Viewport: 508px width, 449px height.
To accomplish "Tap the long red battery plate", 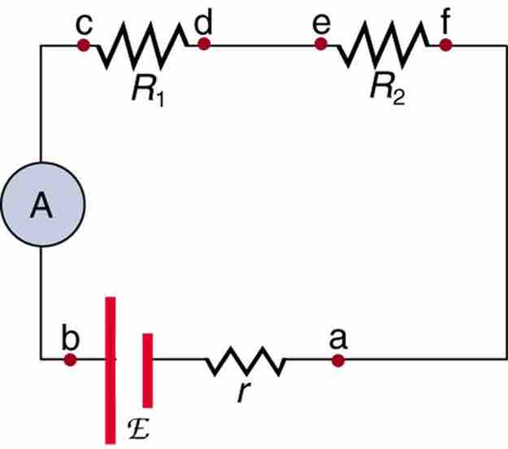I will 110,370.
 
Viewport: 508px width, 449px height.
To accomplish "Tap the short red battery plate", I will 147,369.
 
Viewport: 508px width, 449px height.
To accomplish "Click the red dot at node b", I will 71,359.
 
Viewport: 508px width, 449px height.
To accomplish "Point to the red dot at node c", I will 82,46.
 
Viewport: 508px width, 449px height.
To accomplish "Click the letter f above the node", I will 445,20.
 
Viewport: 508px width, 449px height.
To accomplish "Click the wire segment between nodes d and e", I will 263,46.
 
